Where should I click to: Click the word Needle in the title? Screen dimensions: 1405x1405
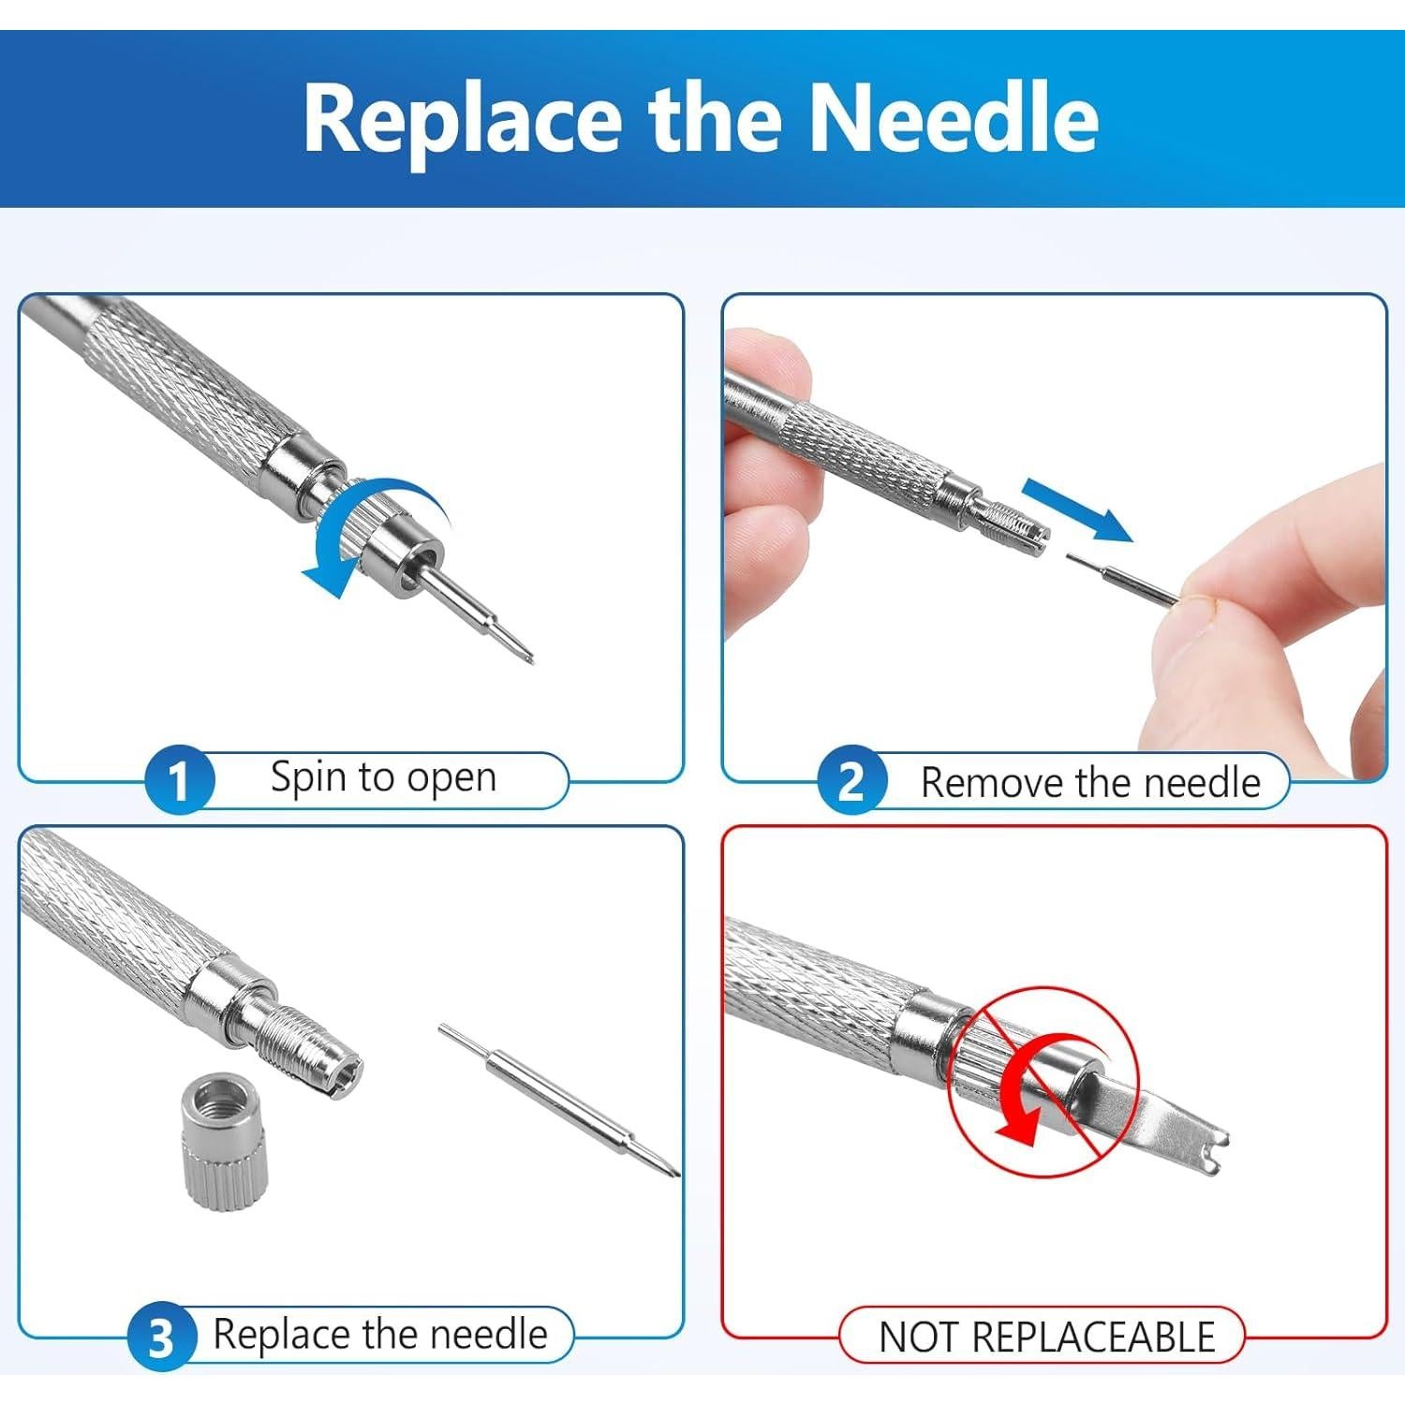(x=953, y=119)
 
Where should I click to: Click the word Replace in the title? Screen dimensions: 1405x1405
(x=463, y=119)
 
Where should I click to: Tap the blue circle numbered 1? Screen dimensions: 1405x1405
(x=178, y=779)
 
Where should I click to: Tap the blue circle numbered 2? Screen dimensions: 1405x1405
(x=850, y=781)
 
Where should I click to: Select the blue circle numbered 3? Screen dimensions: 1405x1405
(x=161, y=1338)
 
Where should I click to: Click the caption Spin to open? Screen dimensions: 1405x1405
(x=383, y=777)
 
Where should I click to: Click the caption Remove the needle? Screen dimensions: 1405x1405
(x=1090, y=782)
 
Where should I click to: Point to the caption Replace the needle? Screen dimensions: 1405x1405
(x=380, y=1334)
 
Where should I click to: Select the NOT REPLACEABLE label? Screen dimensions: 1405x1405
(x=1047, y=1337)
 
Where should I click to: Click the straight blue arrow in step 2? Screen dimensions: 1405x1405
(x=1076, y=510)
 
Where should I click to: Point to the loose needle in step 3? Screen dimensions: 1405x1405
(x=558, y=1100)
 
